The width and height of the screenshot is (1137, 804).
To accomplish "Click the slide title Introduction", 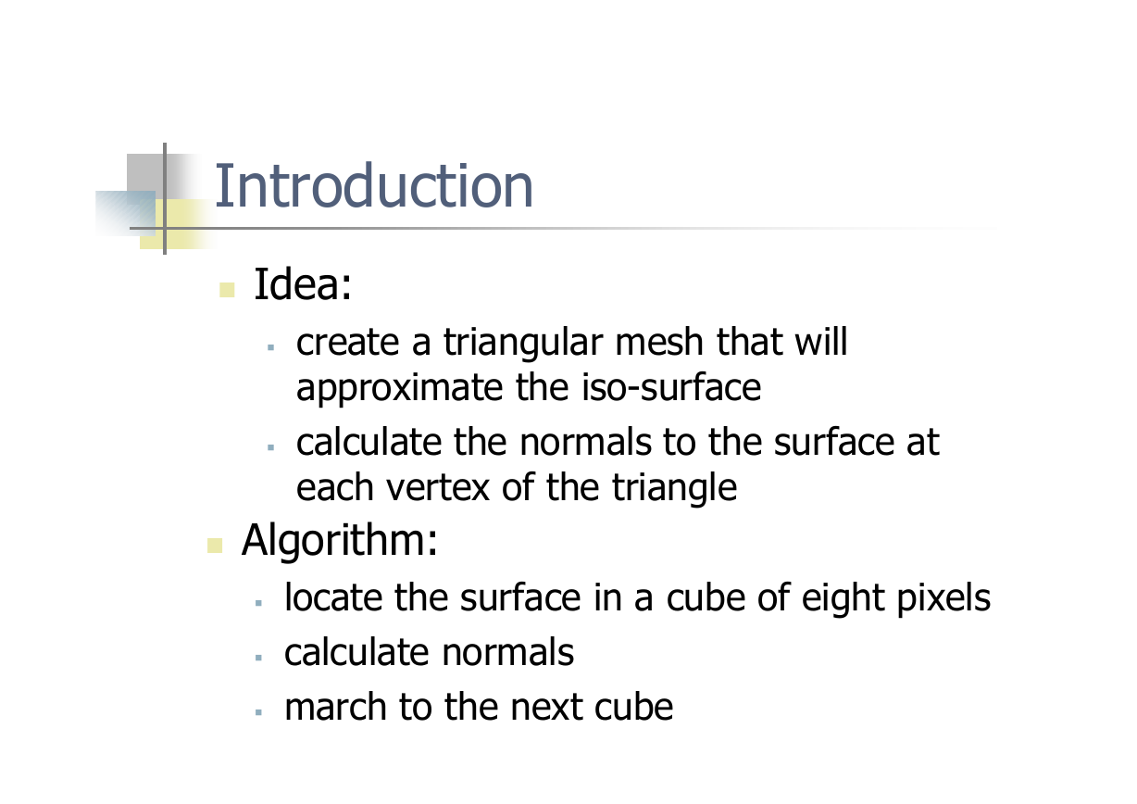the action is pos(373,185).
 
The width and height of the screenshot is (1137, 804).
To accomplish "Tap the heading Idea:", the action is pos(303,284).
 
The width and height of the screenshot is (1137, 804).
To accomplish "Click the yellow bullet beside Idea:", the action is pos(227,290).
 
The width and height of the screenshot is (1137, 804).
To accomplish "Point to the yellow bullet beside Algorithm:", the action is pos(215,546).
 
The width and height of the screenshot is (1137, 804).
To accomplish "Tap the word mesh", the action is pos(659,342).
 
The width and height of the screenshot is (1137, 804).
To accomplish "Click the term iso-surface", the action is pos(671,387).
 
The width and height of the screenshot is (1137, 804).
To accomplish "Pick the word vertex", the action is pos(438,487).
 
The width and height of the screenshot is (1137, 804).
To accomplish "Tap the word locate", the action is pos(333,597).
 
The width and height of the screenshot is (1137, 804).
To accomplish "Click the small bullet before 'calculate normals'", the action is pos(258,658).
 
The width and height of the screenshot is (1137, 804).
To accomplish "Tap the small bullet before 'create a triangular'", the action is pos(270,347).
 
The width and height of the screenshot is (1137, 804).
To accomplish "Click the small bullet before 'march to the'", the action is pos(258,712).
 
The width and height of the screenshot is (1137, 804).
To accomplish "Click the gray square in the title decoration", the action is pos(146,172).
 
